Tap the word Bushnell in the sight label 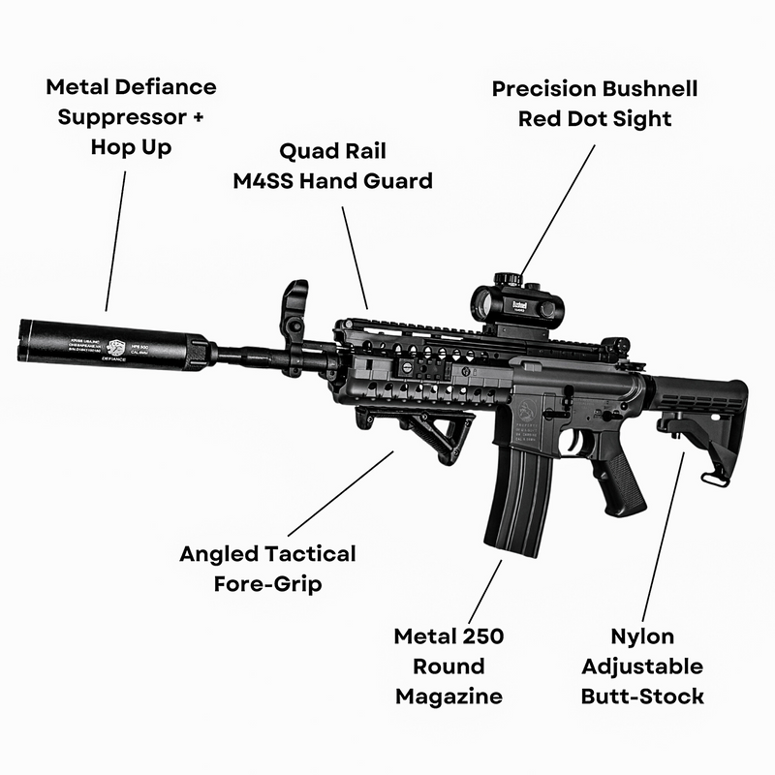tap(643, 89)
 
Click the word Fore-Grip tap(267, 584)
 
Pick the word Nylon tap(642, 636)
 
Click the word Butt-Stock tap(642, 696)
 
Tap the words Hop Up tap(132, 147)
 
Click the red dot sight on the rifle tap(512, 306)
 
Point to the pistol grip tap(620, 480)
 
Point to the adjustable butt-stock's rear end tap(736, 407)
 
